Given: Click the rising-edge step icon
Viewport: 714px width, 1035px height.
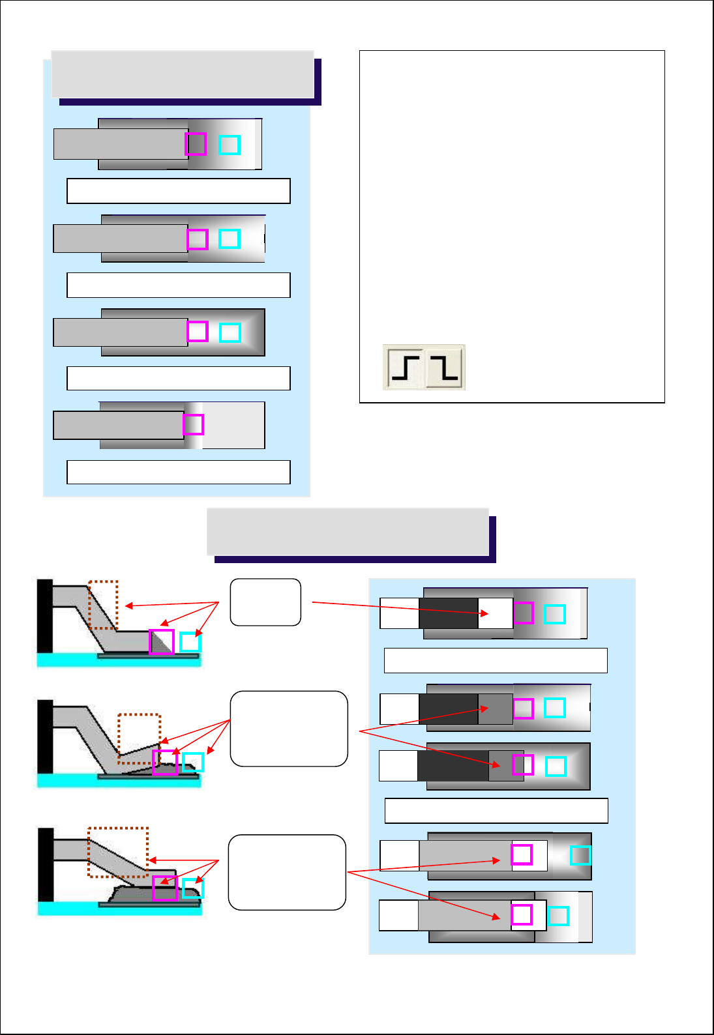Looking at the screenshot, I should click(x=406, y=368).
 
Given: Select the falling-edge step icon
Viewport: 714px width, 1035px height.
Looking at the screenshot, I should click(x=445, y=368).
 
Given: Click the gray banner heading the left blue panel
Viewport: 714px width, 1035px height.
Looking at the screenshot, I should click(x=183, y=74).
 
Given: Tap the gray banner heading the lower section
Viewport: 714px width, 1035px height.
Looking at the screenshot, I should click(x=348, y=532).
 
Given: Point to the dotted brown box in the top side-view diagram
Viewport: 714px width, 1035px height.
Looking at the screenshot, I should click(x=103, y=605).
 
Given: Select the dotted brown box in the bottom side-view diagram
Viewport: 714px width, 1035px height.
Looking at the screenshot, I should click(x=118, y=852).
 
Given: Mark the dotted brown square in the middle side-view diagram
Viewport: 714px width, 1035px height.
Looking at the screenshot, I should click(x=139, y=738).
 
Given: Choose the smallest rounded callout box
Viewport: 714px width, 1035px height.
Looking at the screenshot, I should click(x=265, y=602).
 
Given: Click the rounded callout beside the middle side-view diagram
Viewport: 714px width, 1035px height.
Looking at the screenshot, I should click(x=289, y=729).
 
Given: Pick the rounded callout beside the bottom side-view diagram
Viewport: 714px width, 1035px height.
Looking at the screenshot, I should click(x=287, y=872).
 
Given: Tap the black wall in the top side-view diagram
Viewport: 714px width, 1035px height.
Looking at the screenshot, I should click(x=45, y=616).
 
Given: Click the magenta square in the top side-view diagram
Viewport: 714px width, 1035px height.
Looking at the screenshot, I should click(x=162, y=642).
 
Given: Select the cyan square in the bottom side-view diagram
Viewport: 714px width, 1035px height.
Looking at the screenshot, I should click(x=193, y=888).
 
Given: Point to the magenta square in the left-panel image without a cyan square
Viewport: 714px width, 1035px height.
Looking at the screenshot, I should click(x=194, y=425).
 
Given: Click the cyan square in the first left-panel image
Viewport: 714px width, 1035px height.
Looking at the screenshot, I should click(x=230, y=145).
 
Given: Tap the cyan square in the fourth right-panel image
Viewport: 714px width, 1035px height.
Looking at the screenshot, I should click(x=580, y=855).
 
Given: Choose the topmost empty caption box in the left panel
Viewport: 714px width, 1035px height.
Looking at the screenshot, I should click(x=179, y=191).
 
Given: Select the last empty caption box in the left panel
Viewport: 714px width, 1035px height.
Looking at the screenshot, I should click(x=179, y=472).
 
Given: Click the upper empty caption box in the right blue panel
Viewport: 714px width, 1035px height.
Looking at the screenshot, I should click(x=496, y=660).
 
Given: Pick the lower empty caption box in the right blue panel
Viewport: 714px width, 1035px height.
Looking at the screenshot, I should click(x=496, y=811).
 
